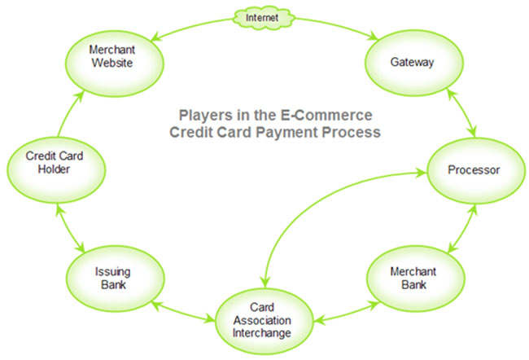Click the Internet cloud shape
[x=262, y=15]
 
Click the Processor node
[x=474, y=170]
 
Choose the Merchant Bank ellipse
[x=418, y=276]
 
